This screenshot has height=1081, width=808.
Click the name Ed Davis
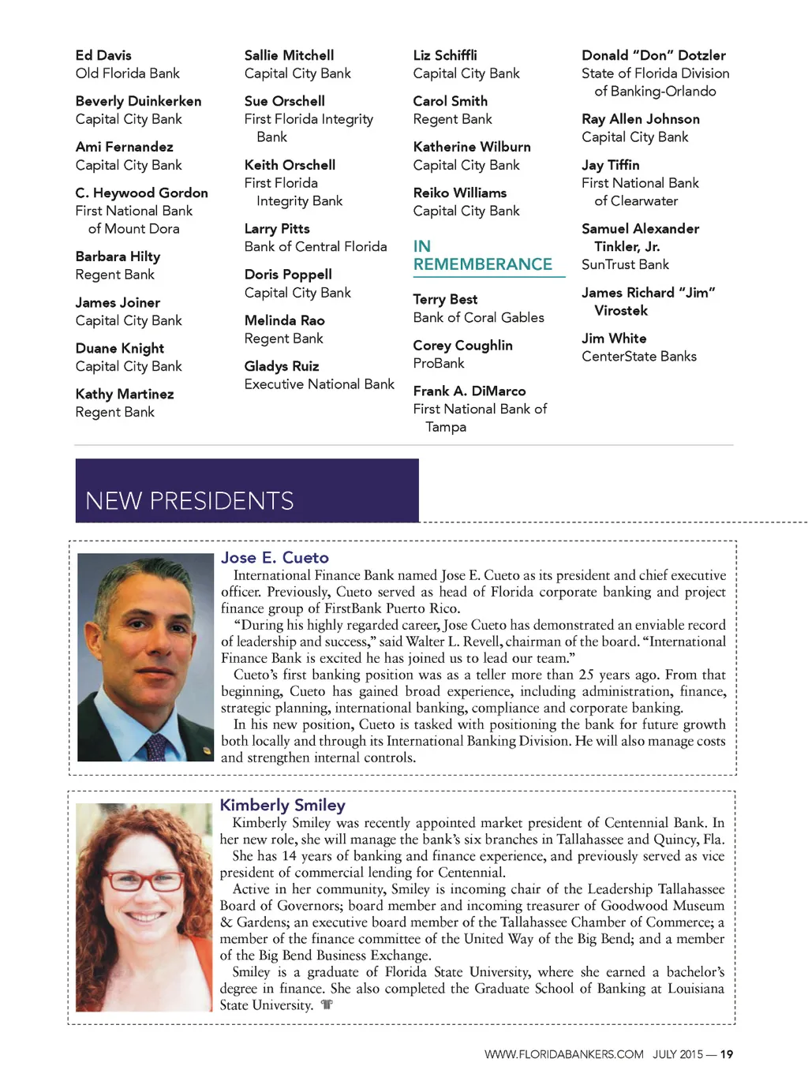[x=103, y=55]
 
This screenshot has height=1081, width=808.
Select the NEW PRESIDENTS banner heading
[x=189, y=501]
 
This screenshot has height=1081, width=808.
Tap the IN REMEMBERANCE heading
[x=482, y=256]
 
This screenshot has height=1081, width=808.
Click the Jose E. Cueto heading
[x=275, y=558]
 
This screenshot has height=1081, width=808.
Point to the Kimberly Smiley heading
[x=282, y=805]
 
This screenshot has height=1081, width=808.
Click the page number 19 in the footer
[x=727, y=1054]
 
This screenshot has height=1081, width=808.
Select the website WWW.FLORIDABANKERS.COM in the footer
[x=563, y=1054]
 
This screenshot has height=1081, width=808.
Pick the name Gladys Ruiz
[x=282, y=366]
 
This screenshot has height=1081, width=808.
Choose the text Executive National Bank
[x=319, y=384]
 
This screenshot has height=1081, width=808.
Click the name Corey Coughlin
[x=462, y=346]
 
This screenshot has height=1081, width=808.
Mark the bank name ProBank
[x=439, y=364]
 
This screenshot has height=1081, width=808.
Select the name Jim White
[x=614, y=339]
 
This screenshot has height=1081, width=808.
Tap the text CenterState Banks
[x=639, y=357]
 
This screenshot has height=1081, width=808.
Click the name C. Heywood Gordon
[x=141, y=193]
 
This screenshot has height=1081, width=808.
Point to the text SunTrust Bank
[x=625, y=264]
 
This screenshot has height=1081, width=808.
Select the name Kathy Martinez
[x=125, y=394]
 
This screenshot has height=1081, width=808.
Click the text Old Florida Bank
[x=127, y=73]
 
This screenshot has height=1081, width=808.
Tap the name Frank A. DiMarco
[x=469, y=391]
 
